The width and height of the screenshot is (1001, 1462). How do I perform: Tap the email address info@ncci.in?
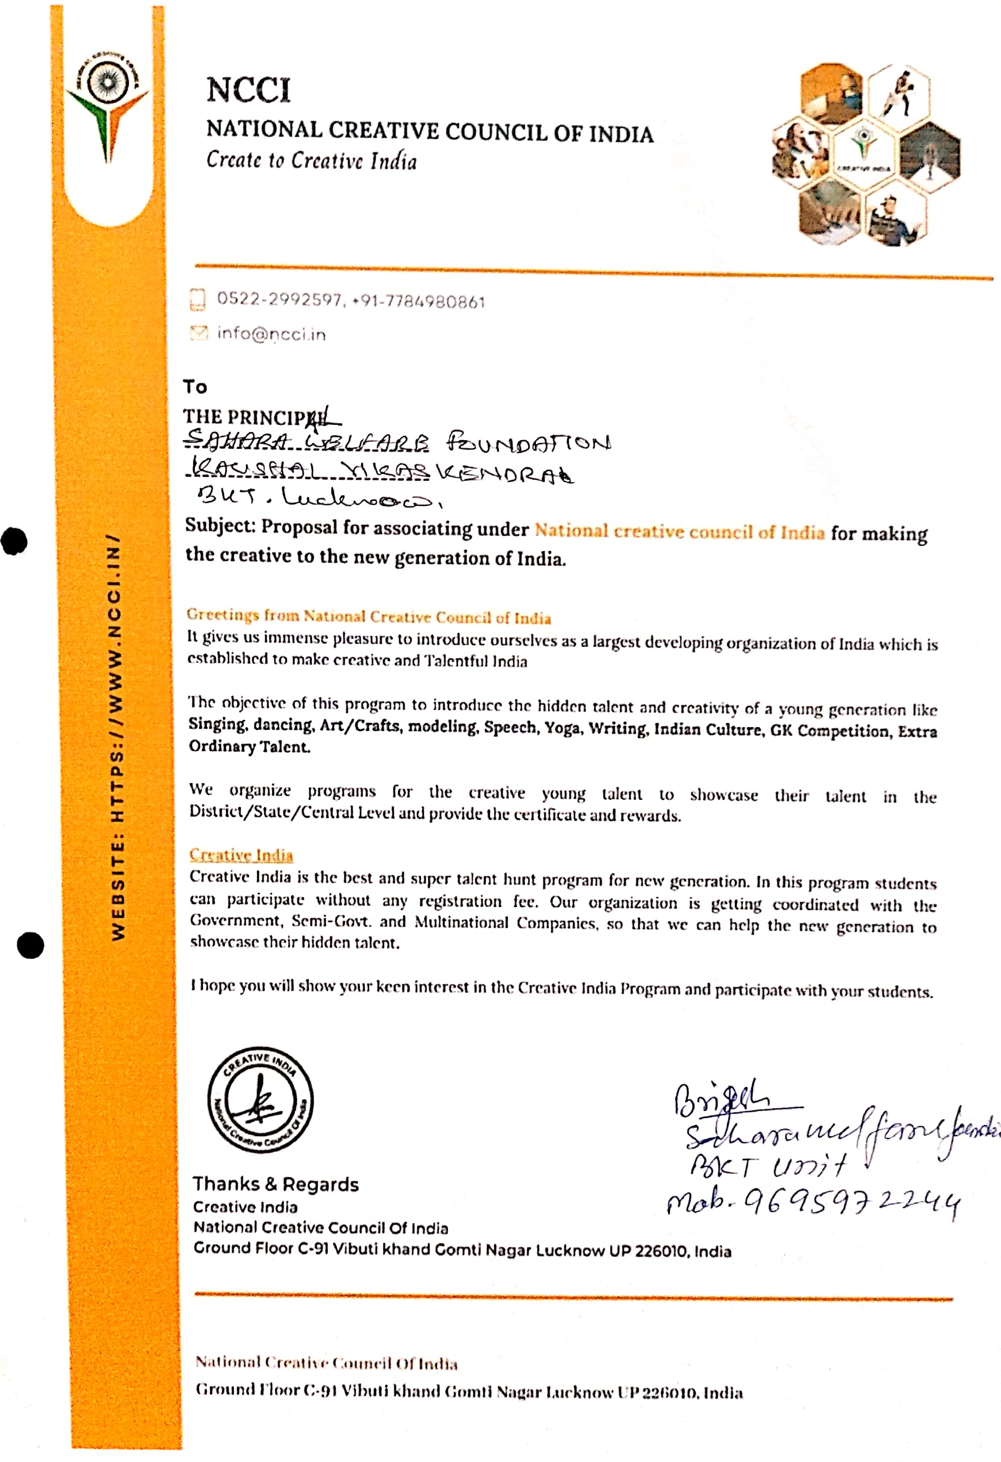(x=271, y=333)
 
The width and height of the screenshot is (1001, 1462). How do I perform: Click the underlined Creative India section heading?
(x=241, y=855)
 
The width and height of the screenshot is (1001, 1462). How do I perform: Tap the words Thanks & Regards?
(x=276, y=1184)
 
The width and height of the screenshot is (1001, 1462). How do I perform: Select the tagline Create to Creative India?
(x=311, y=160)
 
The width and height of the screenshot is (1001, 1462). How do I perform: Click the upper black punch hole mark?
(x=14, y=541)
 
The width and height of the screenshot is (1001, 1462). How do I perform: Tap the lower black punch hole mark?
(x=30, y=945)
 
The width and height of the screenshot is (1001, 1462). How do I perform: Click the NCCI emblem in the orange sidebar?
(x=108, y=107)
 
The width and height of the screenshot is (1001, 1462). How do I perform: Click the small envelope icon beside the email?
(x=198, y=333)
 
